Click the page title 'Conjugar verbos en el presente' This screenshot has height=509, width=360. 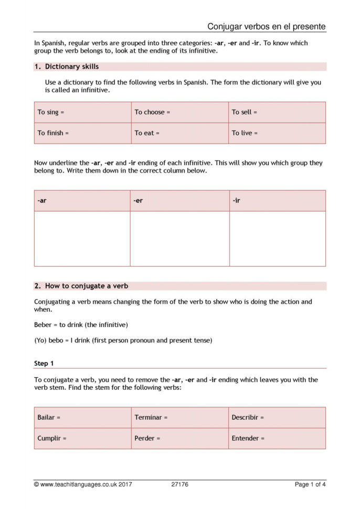click(266, 26)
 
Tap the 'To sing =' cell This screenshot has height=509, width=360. click(82, 112)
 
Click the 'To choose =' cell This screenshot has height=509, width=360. click(179, 112)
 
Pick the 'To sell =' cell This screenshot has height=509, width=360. click(277, 112)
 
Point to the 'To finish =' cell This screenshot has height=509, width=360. click(82, 133)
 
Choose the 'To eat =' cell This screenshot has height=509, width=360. click(179, 133)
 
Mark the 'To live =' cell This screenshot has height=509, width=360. click(277, 133)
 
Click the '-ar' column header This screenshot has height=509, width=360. click(82, 200)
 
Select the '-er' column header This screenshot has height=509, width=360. click(179, 200)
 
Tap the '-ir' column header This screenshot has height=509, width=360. click(277, 200)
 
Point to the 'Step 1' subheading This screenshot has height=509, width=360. click(44, 363)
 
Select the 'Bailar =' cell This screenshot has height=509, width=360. click(82, 418)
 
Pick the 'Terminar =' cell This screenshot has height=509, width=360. click(179, 418)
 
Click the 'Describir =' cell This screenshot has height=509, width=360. click(277, 418)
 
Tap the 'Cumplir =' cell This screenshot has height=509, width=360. click(82, 438)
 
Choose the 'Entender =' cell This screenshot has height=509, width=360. click(277, 438)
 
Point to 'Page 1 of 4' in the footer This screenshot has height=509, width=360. click(310, 484)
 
